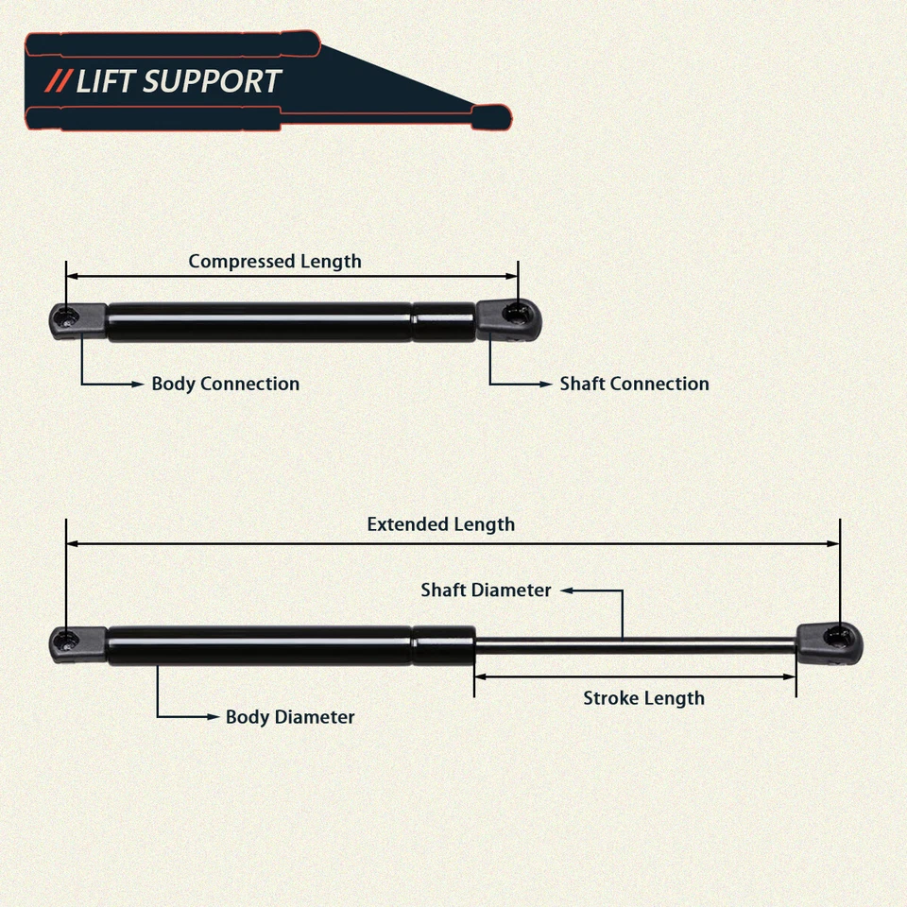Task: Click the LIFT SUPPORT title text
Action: [x=179, y=81]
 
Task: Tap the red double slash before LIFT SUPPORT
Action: [x=60, y=81]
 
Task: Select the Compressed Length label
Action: [x=274, y=261]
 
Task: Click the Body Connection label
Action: [x=225, y=384]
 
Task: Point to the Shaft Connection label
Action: [x=634, y=384]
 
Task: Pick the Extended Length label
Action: [x=440, y=524]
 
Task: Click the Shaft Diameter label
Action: [x=486, y=590]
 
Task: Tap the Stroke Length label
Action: [x=643, y=698]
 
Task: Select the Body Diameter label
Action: [x=290, y=717]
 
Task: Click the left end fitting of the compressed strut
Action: [x=77, y=320]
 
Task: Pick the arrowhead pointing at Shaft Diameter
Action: [x=567, y=590]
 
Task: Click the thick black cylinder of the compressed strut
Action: [x=260, y=322]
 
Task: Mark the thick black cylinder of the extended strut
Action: [x=260, y=645]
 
